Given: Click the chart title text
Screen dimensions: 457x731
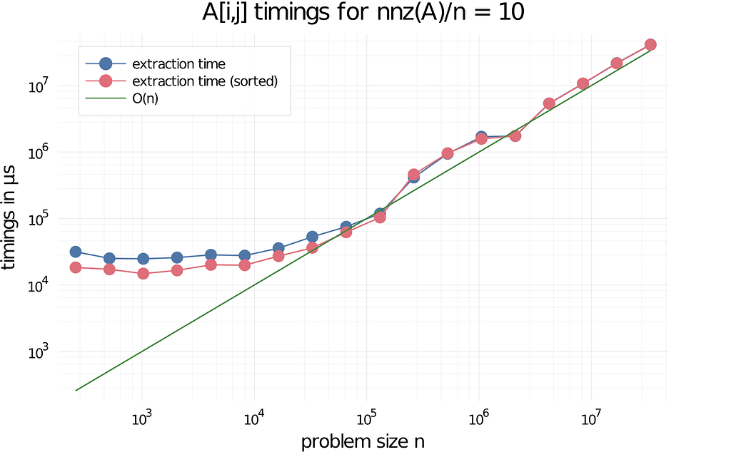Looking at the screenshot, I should [x=363, y=14].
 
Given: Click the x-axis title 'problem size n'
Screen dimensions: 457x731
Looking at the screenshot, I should [x=363, y=441].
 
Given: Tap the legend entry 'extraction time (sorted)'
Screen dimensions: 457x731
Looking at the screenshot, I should [x=205, y=81].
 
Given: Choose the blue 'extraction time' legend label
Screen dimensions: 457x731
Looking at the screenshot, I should [x=178, y=64].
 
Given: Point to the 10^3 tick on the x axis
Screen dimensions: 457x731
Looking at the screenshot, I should [x=142, y=418].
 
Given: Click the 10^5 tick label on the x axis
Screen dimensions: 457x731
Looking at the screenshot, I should [x=366, y=418].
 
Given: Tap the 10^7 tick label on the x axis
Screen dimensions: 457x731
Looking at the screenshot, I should [x=590, y=418].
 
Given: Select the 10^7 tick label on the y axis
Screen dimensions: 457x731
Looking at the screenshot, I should [x=36, y=87].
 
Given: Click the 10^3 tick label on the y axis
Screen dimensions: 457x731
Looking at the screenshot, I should [x=36, y=352].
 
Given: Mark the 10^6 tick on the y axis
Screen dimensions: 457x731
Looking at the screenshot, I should [x=36, y=153].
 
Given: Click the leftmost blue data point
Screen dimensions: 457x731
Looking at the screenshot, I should [x=75, y=252].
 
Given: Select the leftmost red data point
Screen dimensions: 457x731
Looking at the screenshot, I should [x=75, y=267].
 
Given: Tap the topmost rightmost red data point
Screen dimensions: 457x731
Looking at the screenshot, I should [x=650, y=45].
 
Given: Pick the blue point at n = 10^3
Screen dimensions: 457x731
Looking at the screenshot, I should [x=143, y=259].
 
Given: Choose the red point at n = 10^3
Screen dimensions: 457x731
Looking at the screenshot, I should [x=143, y=274].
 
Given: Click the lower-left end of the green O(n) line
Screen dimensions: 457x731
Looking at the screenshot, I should [x=76, y=391].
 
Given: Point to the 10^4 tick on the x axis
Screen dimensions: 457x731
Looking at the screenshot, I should [x=254, y=418].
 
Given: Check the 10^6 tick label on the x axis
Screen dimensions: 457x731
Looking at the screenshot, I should [x=478, y=418].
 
